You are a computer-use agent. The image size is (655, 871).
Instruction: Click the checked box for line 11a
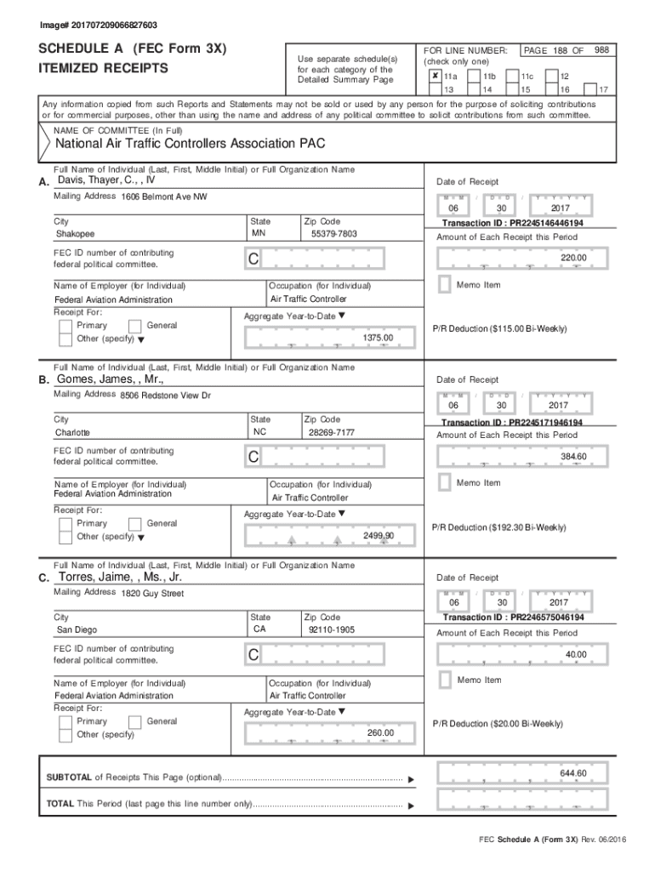click(x=435, y=76)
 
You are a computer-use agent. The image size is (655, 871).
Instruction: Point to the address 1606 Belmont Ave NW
click(x=163, y=196)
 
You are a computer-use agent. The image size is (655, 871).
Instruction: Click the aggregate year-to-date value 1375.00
click(x=378, y=338)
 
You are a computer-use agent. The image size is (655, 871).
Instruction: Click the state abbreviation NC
click(x=260, y=431)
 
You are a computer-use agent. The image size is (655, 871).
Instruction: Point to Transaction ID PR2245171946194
click(x=512, y=422)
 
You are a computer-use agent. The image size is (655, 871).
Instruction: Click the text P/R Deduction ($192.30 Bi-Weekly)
click(x=498, y=527)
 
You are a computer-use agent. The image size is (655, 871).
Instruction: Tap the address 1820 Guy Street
click(x=152, y=593)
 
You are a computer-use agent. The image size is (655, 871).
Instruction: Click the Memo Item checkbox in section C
click(x=444, y=680)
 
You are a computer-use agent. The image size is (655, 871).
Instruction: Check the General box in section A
click(x=134, y=326)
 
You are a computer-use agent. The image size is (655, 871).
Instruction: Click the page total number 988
click(x=601, y=50)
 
